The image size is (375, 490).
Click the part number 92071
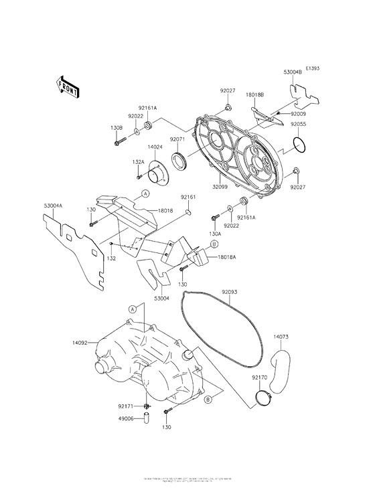[177, 139]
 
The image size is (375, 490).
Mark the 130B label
[117, 127]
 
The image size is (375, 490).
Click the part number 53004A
[53, 208]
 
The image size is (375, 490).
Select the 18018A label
[226, 256]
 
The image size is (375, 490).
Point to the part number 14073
[281, 337]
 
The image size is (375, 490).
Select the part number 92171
[125, 406]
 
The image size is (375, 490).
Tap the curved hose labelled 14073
[279, 365]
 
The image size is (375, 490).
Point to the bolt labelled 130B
[121, 141]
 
